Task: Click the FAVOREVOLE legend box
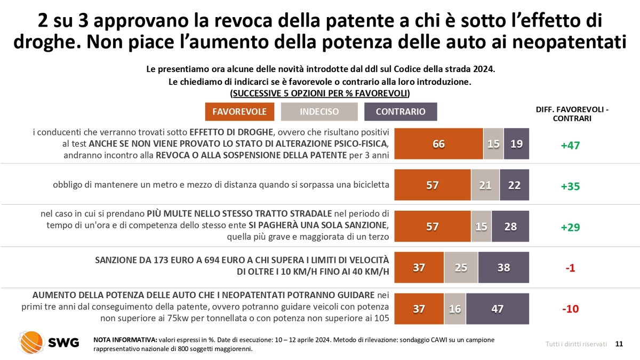pyautogui.click(x=240, y=111)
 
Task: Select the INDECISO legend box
pyautogui.click(x=319, y=111)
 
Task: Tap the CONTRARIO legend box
pyautogui.click(x=401, y=111)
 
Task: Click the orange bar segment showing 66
pyautogui.click(x=439, y=144)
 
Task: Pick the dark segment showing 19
pyautogui.click(x=516, y=144)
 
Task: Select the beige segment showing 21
pyautogui.click(x=485, y=185)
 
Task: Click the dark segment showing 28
pyautogui.click(x=510, y=226)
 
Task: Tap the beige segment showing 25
pyautogui.click(x=461, y=268)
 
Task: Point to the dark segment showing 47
pyautogui.click(x=498, y=309)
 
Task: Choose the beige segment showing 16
pyautogui.click(x=455, y=309)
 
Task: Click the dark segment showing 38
pyautogui.click(x=503, y=268)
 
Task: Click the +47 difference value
pyautogui.click(x=570, y=145)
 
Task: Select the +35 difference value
pyautogui.click(x=570, y=186)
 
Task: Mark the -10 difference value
pyautogui.click(x=570, y=309)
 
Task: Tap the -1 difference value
pyautogui.click(x=570, y=268)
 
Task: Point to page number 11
pyautogui.click(x=619, y=344)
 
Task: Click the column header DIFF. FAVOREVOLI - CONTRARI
pyautogui.click(x=572, y=114)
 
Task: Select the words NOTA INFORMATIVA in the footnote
pyautogui.click(x=125, y=340)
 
